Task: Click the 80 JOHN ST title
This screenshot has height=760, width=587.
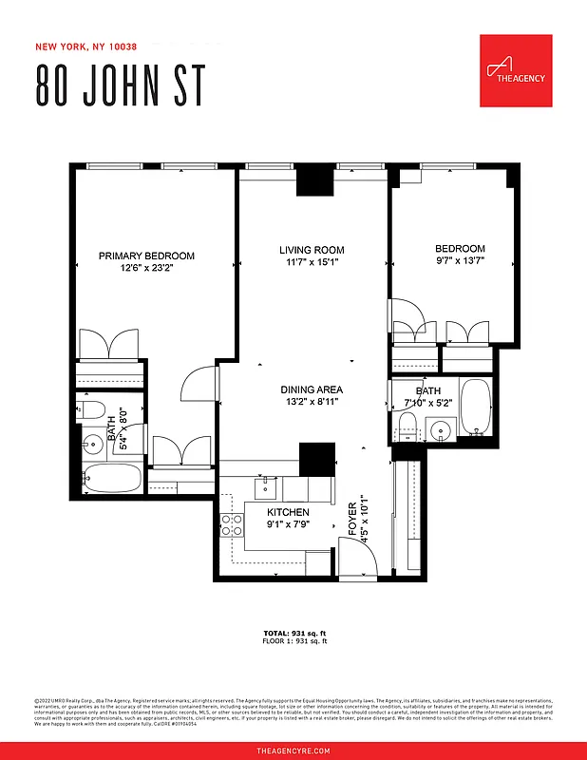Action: click(120, 85)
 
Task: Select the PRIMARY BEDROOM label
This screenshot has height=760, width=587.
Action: click(147, 256)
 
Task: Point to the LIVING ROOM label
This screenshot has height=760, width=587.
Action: click(312, 250)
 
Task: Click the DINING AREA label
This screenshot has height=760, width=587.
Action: click(312, 389)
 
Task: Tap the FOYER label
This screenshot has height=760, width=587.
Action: click(352, 519)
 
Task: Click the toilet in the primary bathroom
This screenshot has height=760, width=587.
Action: click(92, 410)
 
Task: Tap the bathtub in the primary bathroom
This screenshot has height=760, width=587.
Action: click(110, 477)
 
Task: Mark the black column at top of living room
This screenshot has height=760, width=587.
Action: click(313, 180)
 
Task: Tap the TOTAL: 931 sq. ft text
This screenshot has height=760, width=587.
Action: click(294, 633)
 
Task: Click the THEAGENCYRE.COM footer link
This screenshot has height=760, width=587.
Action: click(293, 750)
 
